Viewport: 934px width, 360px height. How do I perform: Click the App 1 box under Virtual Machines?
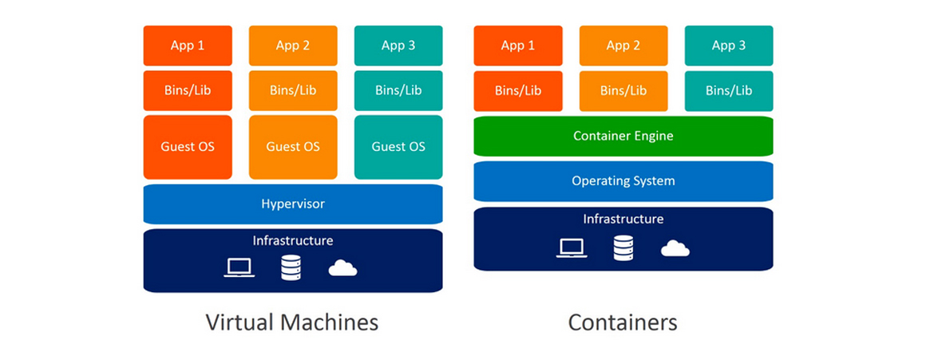point(188,45)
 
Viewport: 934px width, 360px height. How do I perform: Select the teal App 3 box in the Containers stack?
point(729,45)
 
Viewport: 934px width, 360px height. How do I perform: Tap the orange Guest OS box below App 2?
point(293,147)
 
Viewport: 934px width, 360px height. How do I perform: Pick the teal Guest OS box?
point(398,147)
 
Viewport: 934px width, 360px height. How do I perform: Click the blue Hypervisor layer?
point(293,204)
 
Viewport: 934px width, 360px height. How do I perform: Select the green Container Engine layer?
point(623,136)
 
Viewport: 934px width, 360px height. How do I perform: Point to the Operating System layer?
point(623,181)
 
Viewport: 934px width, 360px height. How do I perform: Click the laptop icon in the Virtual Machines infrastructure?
point(239,267)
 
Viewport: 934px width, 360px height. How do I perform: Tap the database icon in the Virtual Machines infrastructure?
point(291,267)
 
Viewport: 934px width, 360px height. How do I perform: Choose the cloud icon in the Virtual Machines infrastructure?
point(342,268)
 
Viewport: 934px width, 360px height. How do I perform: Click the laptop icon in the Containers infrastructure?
point(571,248)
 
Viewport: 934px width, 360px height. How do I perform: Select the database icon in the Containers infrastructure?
point(623,247)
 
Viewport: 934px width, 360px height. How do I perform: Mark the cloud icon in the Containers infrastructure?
point(675,249)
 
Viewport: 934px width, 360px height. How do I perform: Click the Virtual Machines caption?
point(292,322)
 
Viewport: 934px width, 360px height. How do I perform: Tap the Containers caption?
point(623,322)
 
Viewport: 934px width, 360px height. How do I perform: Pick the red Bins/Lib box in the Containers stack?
point(518,90)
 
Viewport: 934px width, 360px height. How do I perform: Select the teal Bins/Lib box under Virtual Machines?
point(398,90)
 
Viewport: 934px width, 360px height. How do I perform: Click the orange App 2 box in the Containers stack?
point(623,45)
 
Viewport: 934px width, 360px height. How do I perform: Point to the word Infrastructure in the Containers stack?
point(623,219)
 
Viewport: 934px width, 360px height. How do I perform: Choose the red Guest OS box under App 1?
point(188,147)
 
